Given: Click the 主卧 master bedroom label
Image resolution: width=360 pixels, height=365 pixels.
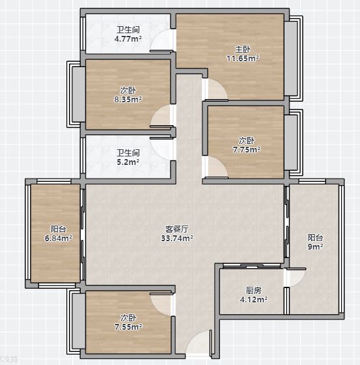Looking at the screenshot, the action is tap(243, 50).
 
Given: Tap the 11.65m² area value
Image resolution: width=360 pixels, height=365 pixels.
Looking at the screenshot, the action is tap(243, 58).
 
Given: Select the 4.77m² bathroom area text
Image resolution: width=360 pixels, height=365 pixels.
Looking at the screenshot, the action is tap(128, 38).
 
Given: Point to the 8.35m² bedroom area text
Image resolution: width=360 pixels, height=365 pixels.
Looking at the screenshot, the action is tap(128, 99).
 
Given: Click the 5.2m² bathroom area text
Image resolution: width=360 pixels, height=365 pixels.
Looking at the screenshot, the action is tap(128, 162).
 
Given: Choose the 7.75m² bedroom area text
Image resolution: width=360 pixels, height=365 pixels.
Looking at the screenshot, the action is tap(247, 149).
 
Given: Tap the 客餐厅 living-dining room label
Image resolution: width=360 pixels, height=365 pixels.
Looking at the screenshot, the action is tap(177, 229).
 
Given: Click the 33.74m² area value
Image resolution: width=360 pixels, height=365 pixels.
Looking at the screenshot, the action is tap(177, 238).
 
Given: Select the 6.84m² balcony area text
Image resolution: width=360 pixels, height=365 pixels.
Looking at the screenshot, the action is tap(59, 238).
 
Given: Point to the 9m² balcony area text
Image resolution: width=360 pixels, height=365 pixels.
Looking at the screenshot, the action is tap(315, 246).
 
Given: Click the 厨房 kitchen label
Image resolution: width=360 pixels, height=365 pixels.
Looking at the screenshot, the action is tap(254, 290).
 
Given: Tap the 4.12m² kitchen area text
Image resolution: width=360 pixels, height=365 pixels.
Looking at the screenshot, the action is tap(254, 299).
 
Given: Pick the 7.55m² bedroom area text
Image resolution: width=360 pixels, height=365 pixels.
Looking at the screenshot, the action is tap(128, 327).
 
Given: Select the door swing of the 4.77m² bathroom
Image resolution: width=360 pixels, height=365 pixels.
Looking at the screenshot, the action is tap(161, 40).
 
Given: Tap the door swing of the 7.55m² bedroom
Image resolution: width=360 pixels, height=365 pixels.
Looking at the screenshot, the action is tap(162, 304).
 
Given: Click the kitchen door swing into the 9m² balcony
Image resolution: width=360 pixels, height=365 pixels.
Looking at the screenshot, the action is tap(296, 277).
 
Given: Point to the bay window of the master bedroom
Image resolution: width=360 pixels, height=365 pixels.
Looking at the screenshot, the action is tap(294, 59).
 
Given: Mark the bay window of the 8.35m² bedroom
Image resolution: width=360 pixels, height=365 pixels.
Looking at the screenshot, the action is tap(76, 95).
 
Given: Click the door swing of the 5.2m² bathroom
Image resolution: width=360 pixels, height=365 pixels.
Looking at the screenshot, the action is tap(162, 149).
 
